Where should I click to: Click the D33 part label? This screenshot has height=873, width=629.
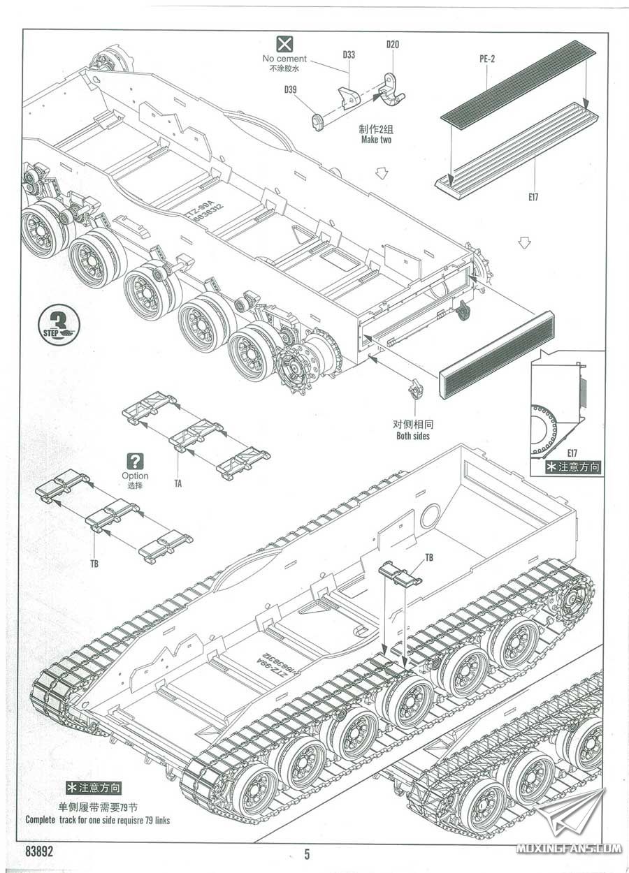point(349,54)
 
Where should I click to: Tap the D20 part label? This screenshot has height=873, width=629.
point(392,45)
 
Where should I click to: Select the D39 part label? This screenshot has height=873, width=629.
point(290,89)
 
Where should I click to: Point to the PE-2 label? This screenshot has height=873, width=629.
point(487,59)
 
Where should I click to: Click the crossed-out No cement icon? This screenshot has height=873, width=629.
point(284,44)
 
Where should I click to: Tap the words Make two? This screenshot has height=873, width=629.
point(376,140)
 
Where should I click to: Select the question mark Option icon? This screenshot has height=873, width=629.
point(135,461)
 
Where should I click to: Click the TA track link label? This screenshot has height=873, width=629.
point(178,483)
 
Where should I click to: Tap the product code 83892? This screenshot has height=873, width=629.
point(39,852)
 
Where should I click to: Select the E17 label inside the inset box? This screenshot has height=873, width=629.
point(572,453)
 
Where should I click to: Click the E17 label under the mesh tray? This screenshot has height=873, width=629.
point(533,196)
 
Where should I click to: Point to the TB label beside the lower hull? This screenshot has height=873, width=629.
point(428,557)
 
